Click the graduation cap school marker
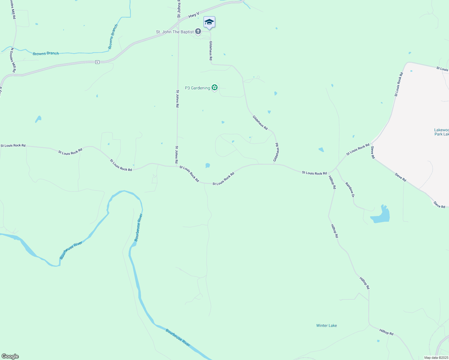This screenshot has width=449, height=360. point(209,22)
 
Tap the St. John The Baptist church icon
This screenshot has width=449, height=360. point(198,31)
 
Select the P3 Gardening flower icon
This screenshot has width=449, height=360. point(214,88)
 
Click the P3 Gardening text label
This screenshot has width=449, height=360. point(197,88)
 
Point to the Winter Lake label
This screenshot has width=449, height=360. point(327,325)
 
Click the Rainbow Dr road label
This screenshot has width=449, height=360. point(350,190)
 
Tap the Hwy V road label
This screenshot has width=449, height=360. point(194,15)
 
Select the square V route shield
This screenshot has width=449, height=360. point(97,62)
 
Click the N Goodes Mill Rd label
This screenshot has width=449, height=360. point(13,60)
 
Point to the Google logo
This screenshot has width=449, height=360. point(10,356)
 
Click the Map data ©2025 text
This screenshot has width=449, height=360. point(436,358)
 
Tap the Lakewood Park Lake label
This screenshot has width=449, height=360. point(441,132)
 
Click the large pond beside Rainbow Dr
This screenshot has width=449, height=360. point(381,216)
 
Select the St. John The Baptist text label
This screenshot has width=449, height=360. point(175,32)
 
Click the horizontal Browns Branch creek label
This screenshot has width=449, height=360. point(46,53)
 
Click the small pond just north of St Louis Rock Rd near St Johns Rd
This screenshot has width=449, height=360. point(207,165)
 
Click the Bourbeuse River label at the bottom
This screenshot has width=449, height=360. point(178,338)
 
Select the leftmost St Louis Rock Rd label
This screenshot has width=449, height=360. point(13,145)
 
